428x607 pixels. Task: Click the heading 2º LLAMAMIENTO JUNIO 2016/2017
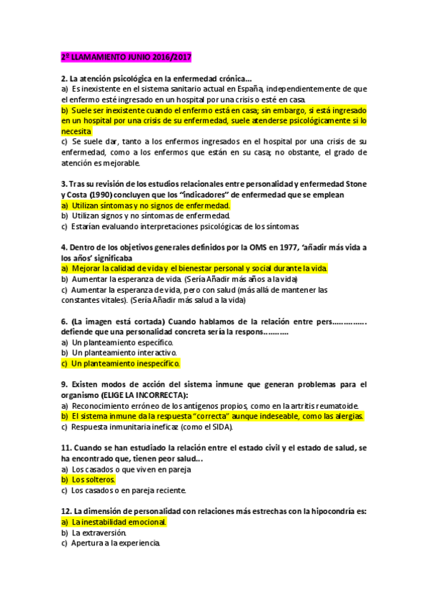click(x=126, y=57)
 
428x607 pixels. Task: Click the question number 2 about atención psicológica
click(x=64, y=78)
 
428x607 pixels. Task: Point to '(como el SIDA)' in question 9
click(x=206, y=427)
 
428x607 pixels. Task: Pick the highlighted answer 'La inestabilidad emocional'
click(x=119, y=522)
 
